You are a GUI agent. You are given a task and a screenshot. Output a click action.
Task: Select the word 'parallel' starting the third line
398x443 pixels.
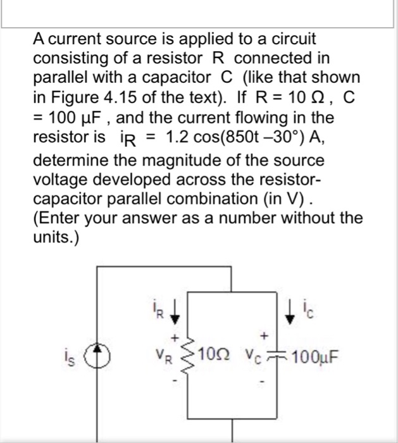57,78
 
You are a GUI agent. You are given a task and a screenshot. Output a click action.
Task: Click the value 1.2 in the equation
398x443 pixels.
175,137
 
